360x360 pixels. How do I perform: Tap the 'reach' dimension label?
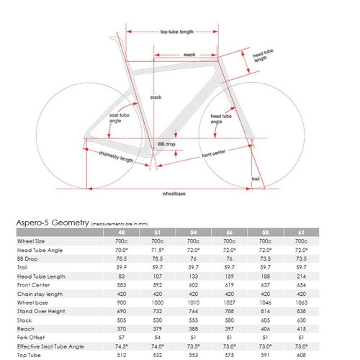coord(189,54)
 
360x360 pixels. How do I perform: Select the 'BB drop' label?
coord(166,144)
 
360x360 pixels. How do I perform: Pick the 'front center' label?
coord(215,153)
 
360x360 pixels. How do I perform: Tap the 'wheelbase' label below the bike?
coord(171,194)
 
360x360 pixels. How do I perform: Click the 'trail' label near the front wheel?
coord(255,178)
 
